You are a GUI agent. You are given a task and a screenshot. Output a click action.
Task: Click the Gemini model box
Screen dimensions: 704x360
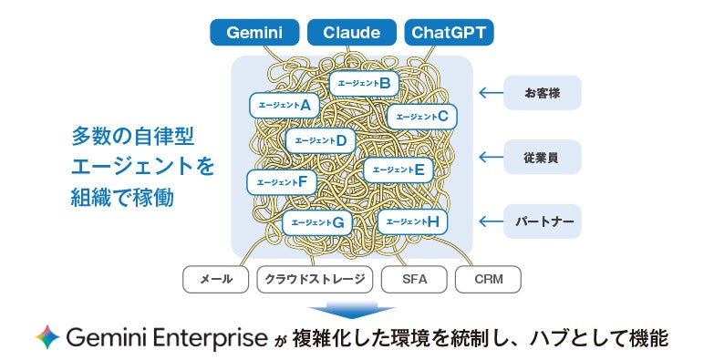click(x=254, y=32)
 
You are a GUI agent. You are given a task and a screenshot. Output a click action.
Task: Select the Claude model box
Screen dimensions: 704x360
click(x=352, y=32)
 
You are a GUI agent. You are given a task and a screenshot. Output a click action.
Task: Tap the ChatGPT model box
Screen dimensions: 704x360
click(x=449, y=32)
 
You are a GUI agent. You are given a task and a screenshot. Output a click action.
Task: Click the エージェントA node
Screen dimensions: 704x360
click(x=285, y=106)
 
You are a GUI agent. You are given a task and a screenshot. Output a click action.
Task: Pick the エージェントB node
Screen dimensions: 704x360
click(x=364, y=84)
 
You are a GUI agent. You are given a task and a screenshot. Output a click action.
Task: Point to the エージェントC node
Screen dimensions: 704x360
click(x=422, y=117)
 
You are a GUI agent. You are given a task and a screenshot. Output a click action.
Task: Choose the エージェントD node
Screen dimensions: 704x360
click(x=321, y=141)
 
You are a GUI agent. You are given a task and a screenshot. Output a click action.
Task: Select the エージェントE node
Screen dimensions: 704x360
click(x=399, y=170)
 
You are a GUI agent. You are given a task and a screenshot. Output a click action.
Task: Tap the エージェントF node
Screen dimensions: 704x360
click(x=282, y=182)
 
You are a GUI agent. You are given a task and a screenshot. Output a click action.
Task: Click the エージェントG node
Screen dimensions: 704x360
click(x=317, y=222)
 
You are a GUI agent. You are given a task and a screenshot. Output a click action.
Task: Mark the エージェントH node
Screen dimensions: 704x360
click(x=412, y=221)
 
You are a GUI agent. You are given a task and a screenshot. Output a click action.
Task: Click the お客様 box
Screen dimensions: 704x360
click(x=543, y=93)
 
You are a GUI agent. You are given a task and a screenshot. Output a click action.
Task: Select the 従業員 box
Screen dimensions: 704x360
click(x=543, y=157)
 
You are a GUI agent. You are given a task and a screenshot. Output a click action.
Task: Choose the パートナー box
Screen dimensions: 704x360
click(x=543, y=221)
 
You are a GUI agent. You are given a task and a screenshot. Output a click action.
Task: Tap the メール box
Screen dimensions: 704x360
click(x=215, y=279)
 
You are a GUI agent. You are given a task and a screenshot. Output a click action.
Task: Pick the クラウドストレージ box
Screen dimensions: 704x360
click(x=315, y=279)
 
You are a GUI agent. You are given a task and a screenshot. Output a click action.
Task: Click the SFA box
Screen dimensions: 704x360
click(x=414, y=279)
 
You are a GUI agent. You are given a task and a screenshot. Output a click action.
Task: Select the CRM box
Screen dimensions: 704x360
click(x=489, y=279)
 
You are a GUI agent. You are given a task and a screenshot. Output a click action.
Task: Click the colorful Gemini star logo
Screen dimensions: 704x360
click(x=47, y=336)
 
